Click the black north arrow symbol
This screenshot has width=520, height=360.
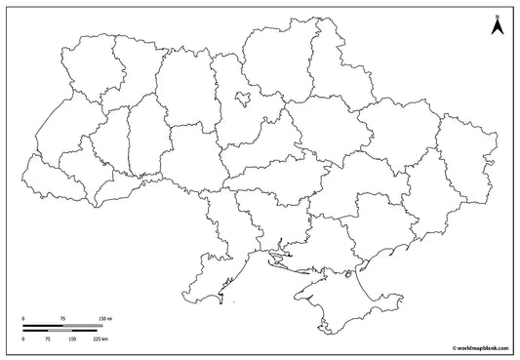coord(497,28)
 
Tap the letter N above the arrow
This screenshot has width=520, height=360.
coord(497,16)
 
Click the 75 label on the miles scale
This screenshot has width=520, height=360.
coord(61,319)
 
